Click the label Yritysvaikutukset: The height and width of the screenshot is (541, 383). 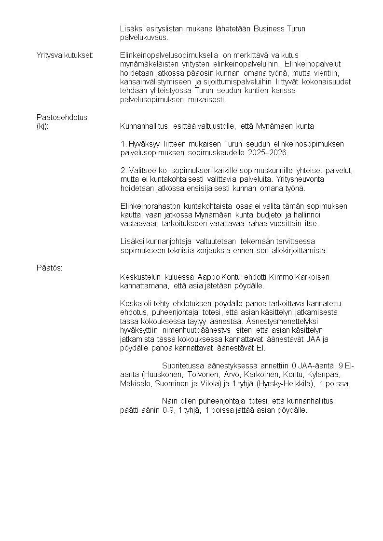point(65,56)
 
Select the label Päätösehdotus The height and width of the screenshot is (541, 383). point(62,117)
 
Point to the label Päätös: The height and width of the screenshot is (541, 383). point(49,268)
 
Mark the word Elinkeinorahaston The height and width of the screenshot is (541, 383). point(150,206)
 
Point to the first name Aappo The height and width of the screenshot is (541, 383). point(208,277)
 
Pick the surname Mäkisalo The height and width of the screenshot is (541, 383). point(136,384)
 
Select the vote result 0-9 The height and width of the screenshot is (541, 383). point(167,410)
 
